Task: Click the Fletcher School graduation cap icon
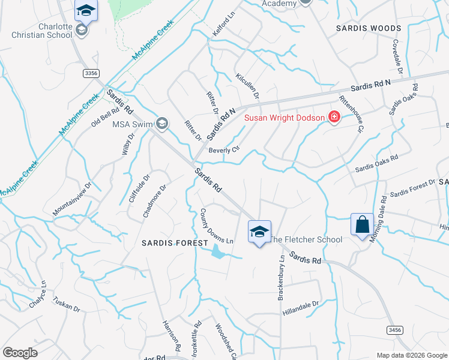click(259, 232)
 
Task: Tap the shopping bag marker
click(362, 225)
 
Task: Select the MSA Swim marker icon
click(161, 124)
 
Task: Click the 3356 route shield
click(91, 73)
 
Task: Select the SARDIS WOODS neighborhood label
click(368, 28)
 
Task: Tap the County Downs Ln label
click(216, 226)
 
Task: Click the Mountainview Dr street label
click(71, 199)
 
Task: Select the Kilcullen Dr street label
click(247, 87)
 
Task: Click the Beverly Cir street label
click(224, 149)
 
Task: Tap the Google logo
click(20, 353)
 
